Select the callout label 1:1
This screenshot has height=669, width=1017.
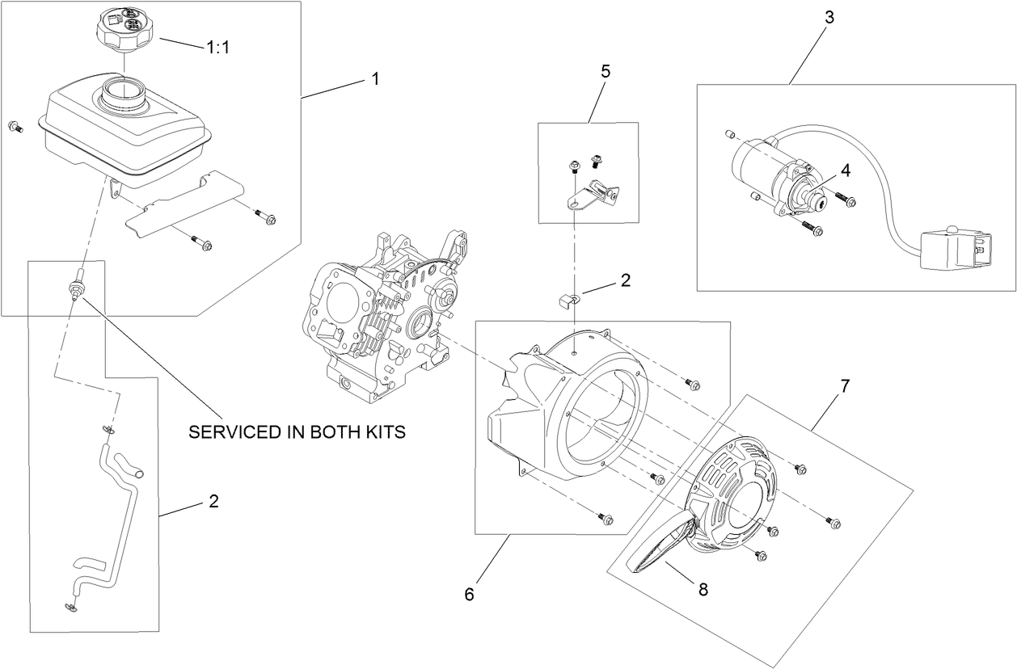[218, 48]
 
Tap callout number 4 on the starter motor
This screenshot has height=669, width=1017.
[845, 170]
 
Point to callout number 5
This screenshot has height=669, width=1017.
[606, 70]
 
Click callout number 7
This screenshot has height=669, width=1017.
[845, 386]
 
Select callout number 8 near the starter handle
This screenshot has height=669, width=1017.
[703, 590]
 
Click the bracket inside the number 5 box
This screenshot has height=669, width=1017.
[593, 195]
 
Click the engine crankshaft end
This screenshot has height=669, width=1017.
[445, 298]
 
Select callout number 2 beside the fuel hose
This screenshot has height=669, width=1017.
[213, 501]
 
